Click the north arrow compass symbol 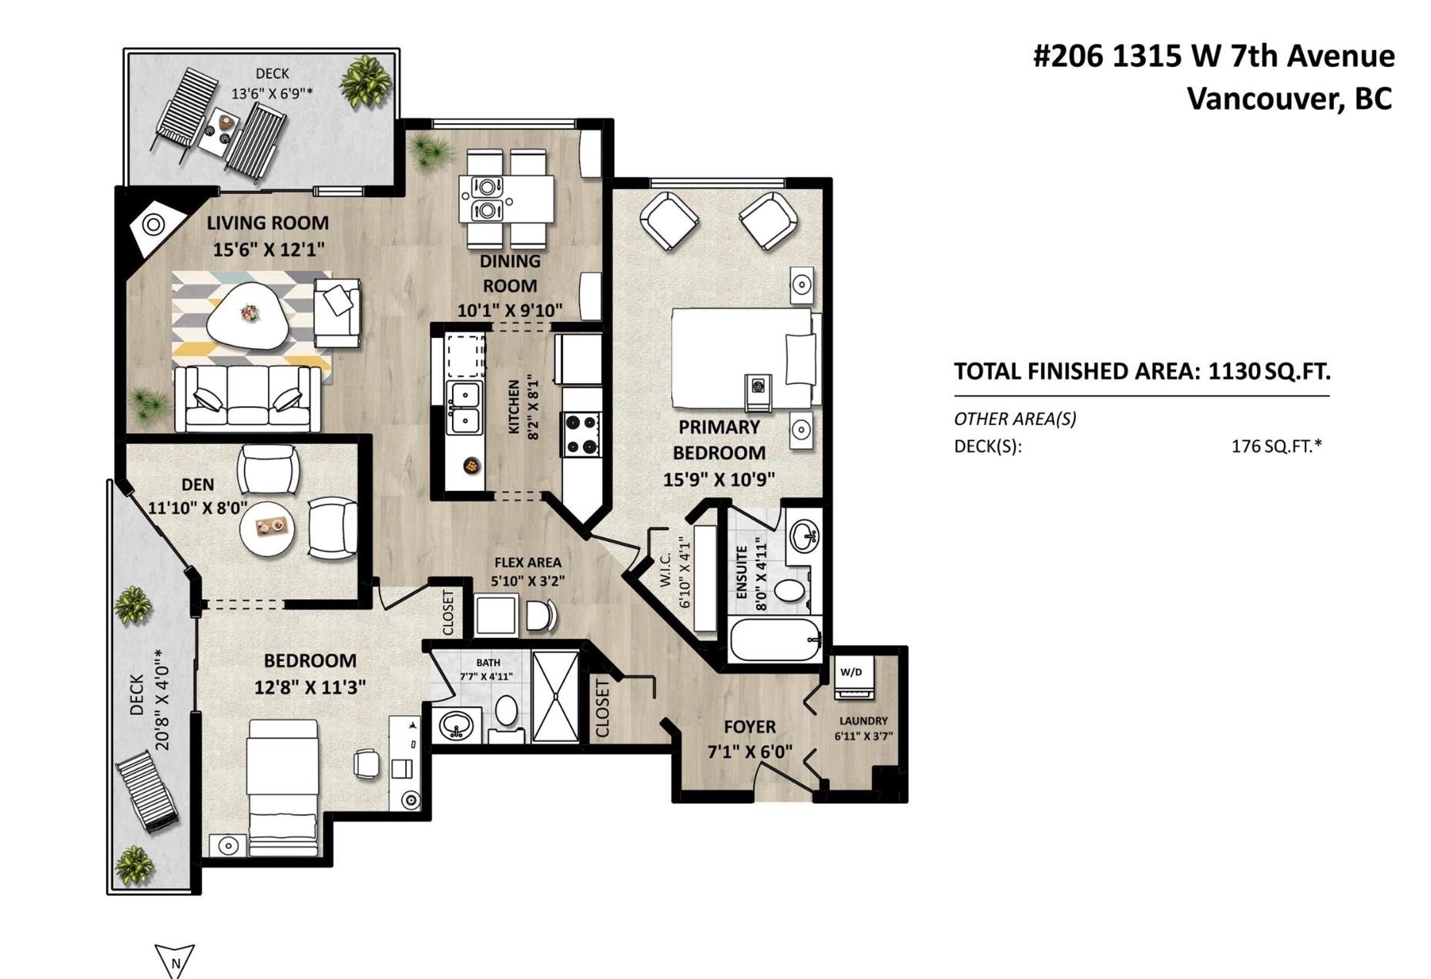[x=175, y=961]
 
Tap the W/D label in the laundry [x=851, y=672]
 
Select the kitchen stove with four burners [x=581, y=434]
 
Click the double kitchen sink [x=465, y=409]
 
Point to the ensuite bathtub [x=774, y=640]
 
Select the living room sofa [x=247, y=399]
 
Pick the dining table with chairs [x=506, y=198]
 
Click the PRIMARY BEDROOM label [x=719, y=439]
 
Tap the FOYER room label [x=749, y=727]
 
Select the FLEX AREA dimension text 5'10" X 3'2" [x=528, y=581]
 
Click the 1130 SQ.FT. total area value [x=1269, y=372]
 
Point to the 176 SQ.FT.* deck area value [x=1276, y=446]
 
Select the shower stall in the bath [x=555, y=697]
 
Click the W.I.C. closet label [x=666, y=570]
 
